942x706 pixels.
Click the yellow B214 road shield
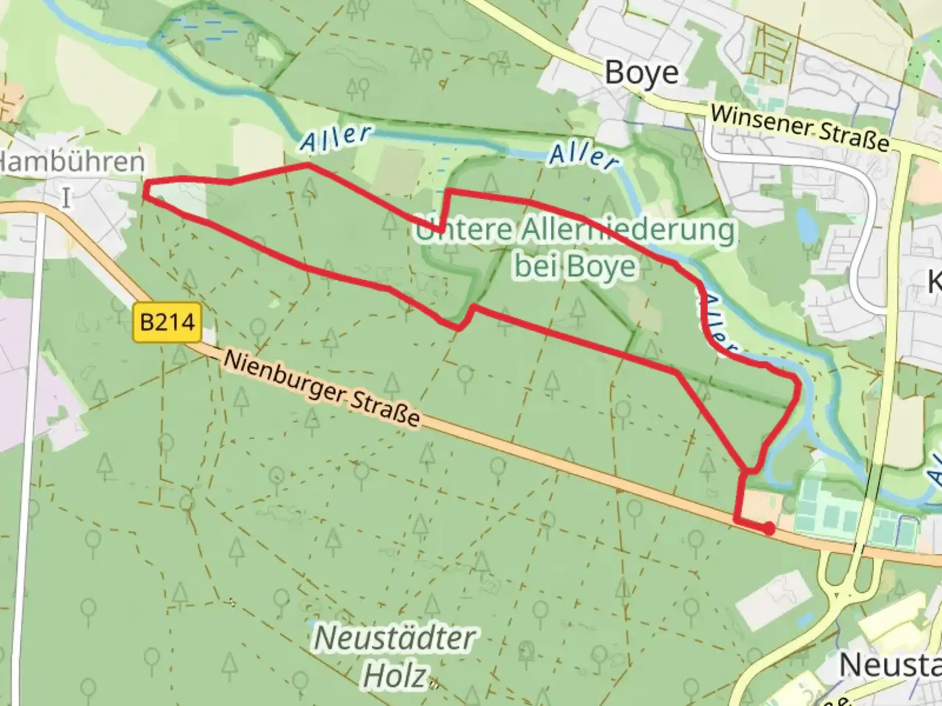pyautogui.click(x=167, y=322)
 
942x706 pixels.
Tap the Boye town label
pyautogui.click(x=641, y=73)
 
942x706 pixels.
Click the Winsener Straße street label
pyautogui.click(x=799, y=127)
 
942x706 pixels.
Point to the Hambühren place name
pyautogui.click(x=72, y=162)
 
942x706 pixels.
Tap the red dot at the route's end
pyautogui.click(x=770, y=529)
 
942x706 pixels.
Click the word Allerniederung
pyautogui.click(x=628, y=230)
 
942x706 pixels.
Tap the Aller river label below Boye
pyautogui.click(x=584, y=156)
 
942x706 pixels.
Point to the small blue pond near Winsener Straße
pyautogui.click(x=806, y=224)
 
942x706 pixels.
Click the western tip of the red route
pyautogui.click(x=147, y=190)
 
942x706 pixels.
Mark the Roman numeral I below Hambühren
pyautogui.click(x=65, y=197)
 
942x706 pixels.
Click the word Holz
pyautogui.click(x=395, y=677)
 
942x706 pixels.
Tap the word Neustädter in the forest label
pyautogui.click(x=395, y=638)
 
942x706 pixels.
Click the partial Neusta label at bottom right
pyautogui.click(x=890, y=665)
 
